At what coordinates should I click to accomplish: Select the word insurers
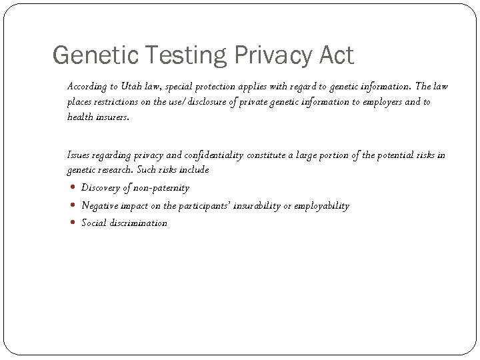pos(113,117)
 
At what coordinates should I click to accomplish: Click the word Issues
pos(79,155)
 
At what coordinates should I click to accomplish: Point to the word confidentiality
pos(212,155)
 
